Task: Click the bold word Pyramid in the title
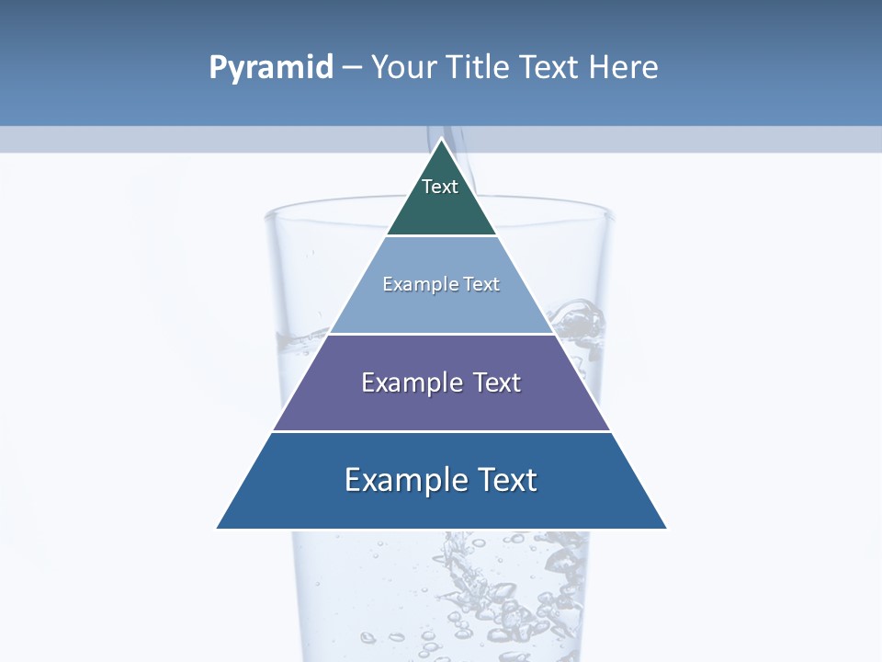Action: pyautogui.click(x=271, y=68)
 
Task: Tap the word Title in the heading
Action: pyautogui.click(x=480, y=68)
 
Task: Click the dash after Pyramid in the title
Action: pyautogui.click(x=352, y=68)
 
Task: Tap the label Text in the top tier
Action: pyautogui.click(x=440, y=187)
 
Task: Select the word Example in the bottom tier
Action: pyautogui.click(x=404, y=480)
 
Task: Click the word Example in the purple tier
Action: pyautogui.click(x=410, y=382)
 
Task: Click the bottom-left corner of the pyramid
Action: pyautogui.click(x=218, y=528)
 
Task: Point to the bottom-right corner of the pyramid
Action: pyautogui.click(x=666, y=528)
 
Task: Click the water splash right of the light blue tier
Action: pyautogui.click(x=579, y=322)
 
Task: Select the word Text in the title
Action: pyautogui.click(x=551, y=68)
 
